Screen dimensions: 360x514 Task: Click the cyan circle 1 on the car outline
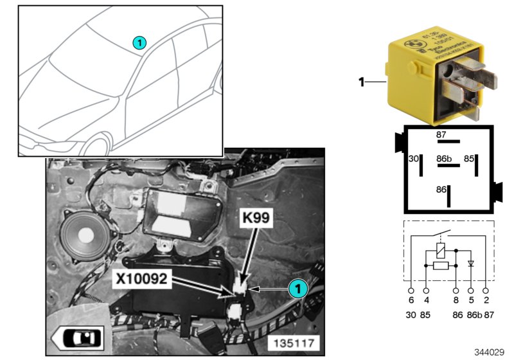(139, 43)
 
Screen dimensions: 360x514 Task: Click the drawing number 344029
(490, 352)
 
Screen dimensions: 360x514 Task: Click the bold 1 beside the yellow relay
(361, 82)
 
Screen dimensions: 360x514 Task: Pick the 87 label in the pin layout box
(441, 134)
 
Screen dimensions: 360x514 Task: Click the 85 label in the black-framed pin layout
(470, 158)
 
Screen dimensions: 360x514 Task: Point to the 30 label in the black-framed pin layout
(414, 158)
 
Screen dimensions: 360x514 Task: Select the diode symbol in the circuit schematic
(471, 264)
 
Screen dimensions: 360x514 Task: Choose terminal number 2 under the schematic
(486, 298)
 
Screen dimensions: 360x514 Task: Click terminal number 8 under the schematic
(456, 298)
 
